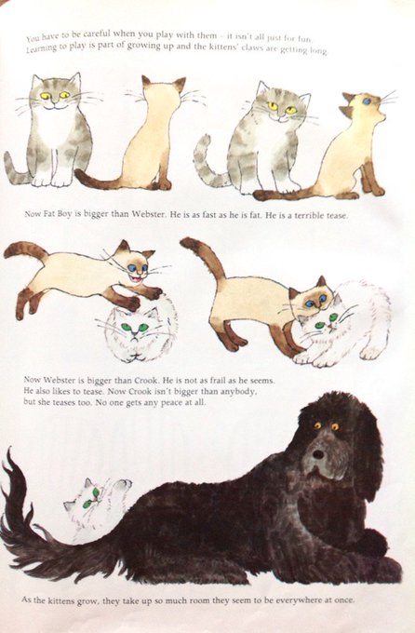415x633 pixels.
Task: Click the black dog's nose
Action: point(318,454)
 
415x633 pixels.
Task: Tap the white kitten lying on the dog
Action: point(96,504)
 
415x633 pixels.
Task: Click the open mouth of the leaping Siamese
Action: point(136,279)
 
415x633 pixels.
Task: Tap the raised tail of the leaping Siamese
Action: point(25,250)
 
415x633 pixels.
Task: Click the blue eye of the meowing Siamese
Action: point(367,101)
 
